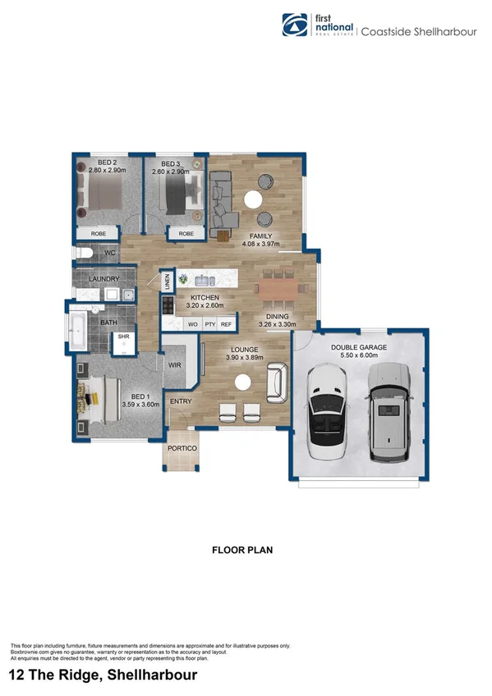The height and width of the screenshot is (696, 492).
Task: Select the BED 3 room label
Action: click(170, 163)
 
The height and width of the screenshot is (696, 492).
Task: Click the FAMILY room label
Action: click(260, 235)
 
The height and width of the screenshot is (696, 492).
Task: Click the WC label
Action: click(109, 253)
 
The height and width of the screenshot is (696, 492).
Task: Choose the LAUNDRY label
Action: click(104, 279)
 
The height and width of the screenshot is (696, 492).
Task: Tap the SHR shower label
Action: click(124, 336)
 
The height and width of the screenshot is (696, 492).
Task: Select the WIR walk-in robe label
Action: click(174, 364)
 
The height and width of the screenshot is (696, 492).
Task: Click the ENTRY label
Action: click(180, 401)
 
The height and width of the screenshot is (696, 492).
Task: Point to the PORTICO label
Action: click(181, 449)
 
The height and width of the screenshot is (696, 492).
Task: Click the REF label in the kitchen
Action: click(226, 325)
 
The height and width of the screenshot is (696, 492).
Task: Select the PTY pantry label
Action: click(209, 325)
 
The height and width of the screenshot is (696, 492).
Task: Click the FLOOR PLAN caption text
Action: click(241, 549)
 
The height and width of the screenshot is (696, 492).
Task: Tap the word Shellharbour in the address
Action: click(146, 675)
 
